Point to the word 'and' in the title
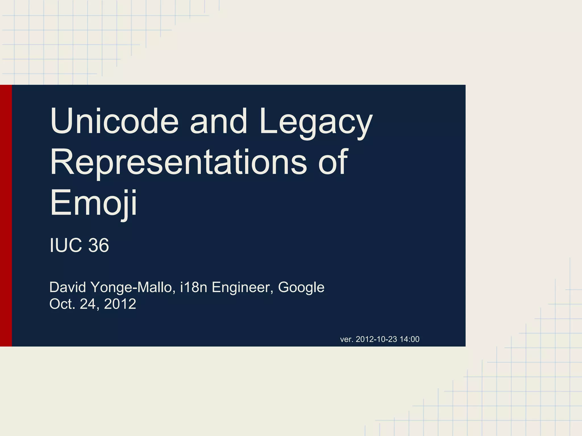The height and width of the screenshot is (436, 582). click(218, 121)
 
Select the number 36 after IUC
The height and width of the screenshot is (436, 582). click(98, 245)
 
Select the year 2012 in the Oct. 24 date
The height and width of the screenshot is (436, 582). click(120, 304)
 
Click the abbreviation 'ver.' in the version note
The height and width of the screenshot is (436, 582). click(346, 339)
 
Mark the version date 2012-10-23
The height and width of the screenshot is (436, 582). click(376, 339)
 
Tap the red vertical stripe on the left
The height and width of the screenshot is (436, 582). click(6, 216)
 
